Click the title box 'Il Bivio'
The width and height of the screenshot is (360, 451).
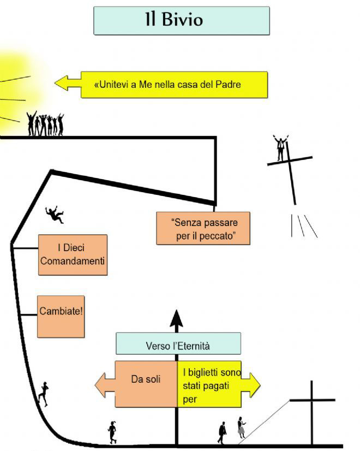click(x=182, y=21)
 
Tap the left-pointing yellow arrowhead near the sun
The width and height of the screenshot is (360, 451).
click(x=68, y=83)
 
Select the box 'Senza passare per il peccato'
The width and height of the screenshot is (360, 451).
click(x=203, y=228)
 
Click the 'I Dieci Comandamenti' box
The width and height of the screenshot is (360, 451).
click(x=73, y=254)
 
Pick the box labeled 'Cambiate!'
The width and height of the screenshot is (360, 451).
click(x=61, y=316)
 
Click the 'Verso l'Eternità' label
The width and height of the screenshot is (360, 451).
click(x=178, y=343)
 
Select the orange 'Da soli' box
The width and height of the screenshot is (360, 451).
click(x=146, y=384)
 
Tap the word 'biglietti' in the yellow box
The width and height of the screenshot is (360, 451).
click(x=202, y=373)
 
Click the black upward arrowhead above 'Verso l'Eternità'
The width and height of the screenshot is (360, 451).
click(x=176, y=318)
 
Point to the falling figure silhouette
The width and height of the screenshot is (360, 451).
click(x=55, y=214)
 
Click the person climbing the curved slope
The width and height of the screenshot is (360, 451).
click(x=44, y=394)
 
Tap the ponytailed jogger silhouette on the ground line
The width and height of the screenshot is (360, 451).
click(x=112, y=432)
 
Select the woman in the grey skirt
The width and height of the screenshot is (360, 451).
click(x=241, y=428)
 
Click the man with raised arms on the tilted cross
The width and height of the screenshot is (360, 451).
click(x=280, y=147)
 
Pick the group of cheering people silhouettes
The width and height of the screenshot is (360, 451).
click(x=45, y=123)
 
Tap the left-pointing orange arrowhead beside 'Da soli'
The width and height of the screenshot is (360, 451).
click(x=105, y=385)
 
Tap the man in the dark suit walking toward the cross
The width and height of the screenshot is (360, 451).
click(x=222, y=432)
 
